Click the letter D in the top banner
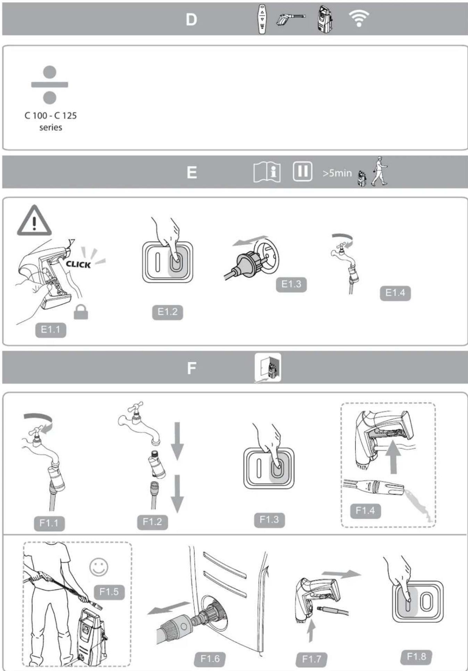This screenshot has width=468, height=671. click(191, 20)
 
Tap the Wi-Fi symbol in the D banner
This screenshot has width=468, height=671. click(359, 18)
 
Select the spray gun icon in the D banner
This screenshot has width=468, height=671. click(290, 19)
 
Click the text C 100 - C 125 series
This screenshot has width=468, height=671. click(51, 121)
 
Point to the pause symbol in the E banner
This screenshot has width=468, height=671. click(302, 171)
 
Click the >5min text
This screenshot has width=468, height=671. click(337, 173)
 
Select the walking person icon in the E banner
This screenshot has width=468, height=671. click(379, 171)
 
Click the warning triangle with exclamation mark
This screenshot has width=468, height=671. click(34, 221)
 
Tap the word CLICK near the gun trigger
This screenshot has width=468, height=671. click(78, 264)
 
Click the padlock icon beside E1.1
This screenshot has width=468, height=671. click(81, 312)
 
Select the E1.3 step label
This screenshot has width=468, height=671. click(291, 284)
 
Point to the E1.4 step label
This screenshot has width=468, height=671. click(395, 293)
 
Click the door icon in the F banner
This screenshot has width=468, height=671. click(268, 367)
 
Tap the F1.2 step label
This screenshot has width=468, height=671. click(152, 521)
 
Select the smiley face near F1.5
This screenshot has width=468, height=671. click(99, 567)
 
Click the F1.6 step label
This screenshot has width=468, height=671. click(210, 658)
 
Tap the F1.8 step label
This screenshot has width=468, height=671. click(416, 656)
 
